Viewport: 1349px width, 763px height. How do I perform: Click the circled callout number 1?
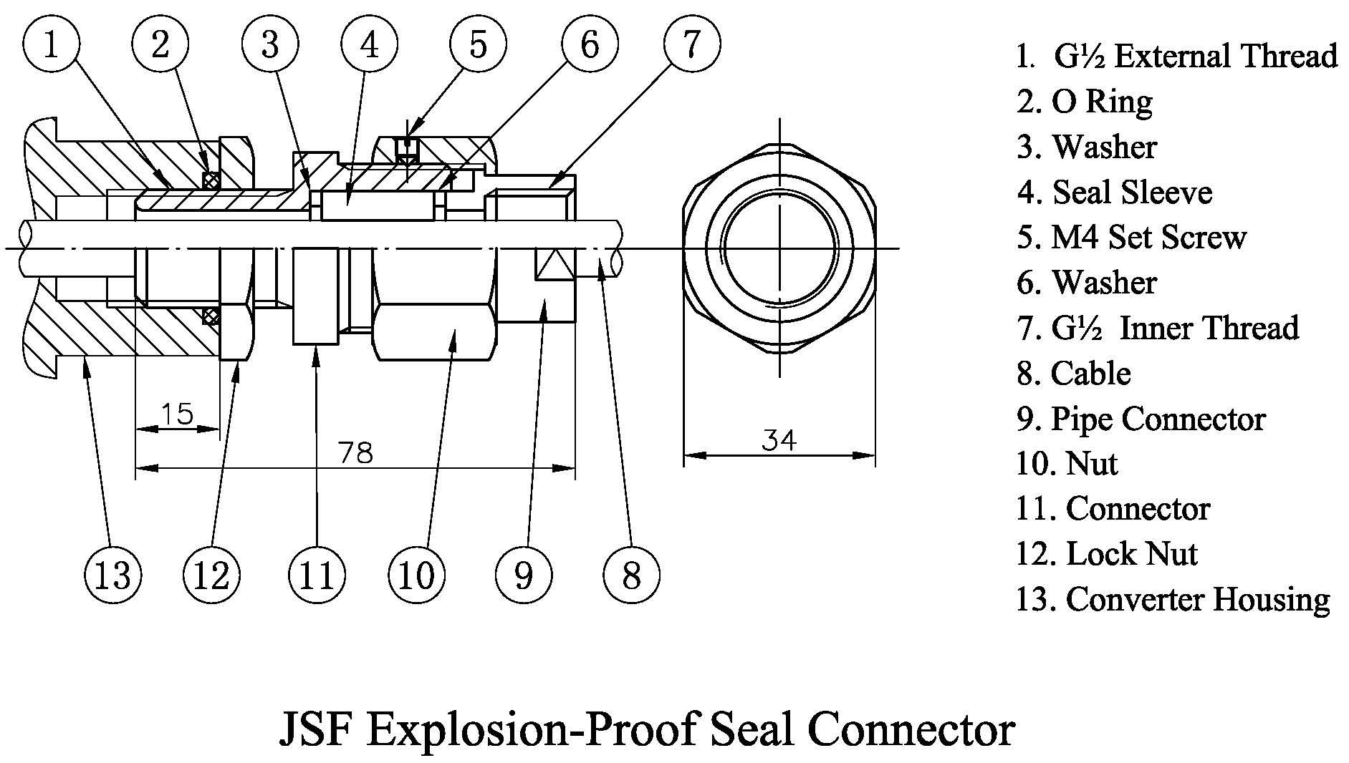click(x=51, y=44)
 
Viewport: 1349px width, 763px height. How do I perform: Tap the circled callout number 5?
click(x=478, y=44)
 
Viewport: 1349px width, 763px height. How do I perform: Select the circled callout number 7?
click(x=691, y=44)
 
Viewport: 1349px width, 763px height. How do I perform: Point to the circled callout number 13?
click(x=112, y=575)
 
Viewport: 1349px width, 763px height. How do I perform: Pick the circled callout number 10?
click(x=416, y=575)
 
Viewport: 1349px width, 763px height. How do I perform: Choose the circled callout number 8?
click(x=631, y=575)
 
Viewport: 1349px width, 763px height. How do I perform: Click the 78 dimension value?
click(x=355, y=453)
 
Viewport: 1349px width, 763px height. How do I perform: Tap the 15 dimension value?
click(x=177, y=414)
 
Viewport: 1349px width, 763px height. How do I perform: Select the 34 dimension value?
click(x=779, y=439)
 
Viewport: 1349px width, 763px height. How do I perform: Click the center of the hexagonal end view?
click(x=779, y=248)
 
